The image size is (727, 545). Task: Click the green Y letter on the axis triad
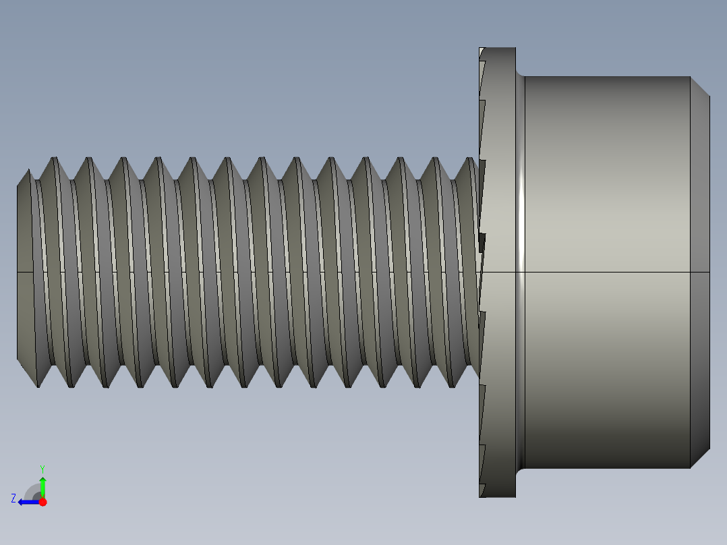point(42,467)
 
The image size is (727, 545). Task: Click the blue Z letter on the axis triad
point(13,498)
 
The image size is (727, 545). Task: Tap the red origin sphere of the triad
point(42,502)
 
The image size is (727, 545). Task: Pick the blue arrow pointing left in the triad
point(27,502)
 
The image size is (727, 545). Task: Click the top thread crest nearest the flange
point(470,160)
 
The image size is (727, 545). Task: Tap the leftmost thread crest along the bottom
point(38,385)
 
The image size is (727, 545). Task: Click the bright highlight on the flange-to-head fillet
point(521,202)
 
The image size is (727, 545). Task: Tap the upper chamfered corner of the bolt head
point(700,86)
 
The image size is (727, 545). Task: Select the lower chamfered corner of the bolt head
point(700,459)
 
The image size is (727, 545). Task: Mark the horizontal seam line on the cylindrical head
point(607,272)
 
